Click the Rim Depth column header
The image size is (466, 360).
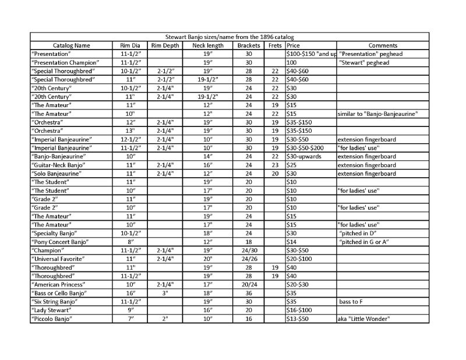coord(165,45)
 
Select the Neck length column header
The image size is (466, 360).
coord(207,45)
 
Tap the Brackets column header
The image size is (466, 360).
coord(249,45)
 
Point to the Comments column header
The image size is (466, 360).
coord(383,45)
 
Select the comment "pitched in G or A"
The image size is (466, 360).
coord(364,241)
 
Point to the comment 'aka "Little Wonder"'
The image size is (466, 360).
coord(363,319)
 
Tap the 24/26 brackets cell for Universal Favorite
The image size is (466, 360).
coord(249,258)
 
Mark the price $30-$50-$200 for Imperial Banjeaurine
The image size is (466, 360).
coord(309,148)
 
